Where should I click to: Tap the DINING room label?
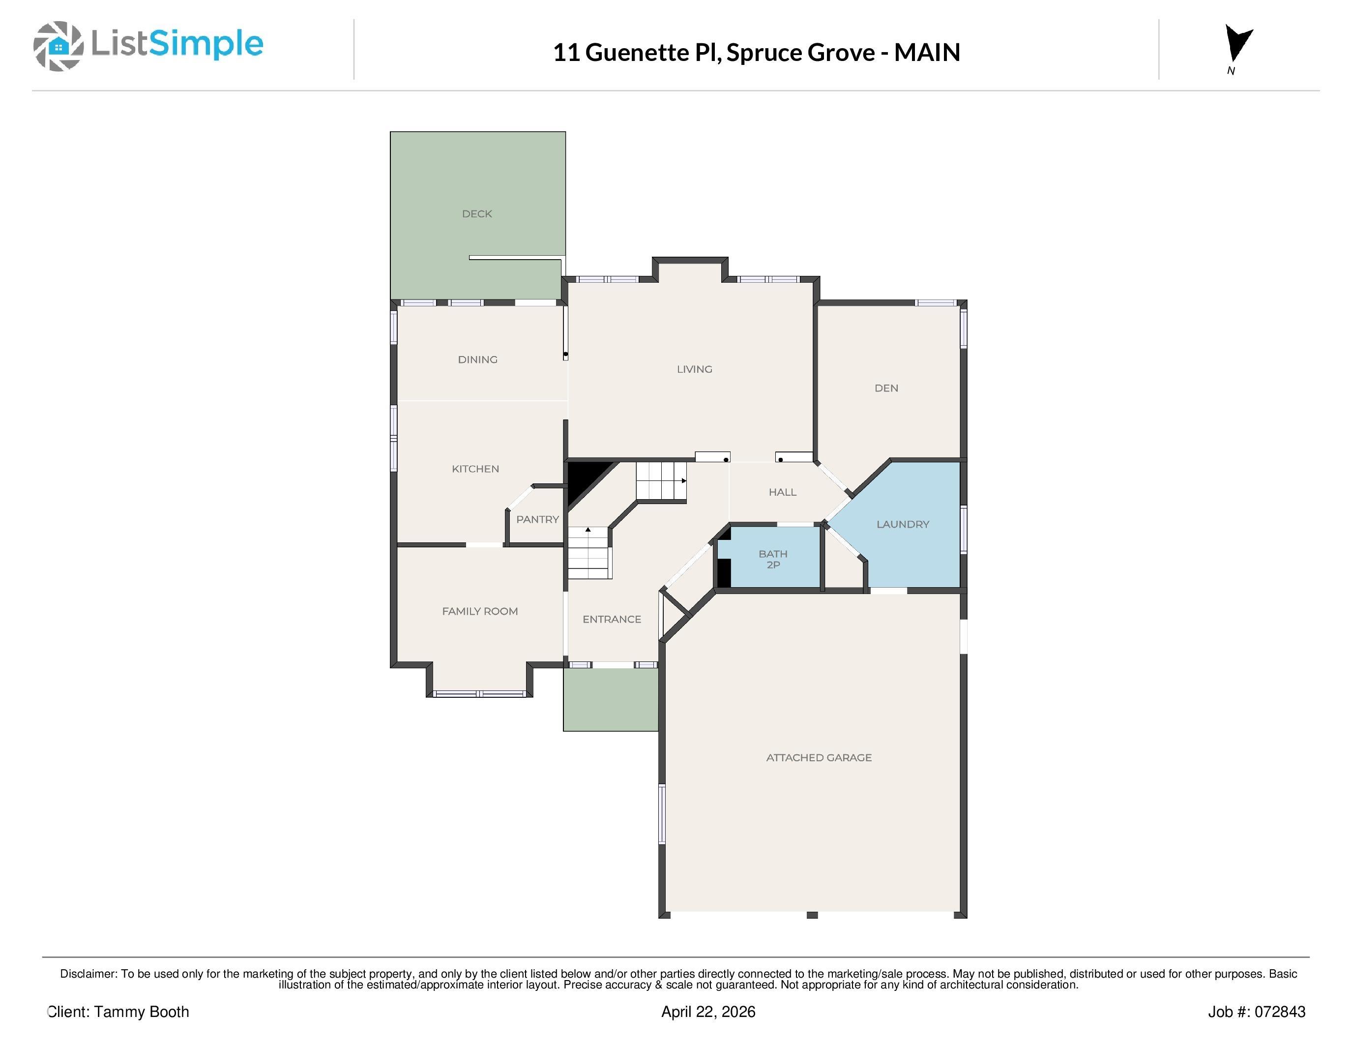[477, 359]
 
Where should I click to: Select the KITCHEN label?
[475, 469]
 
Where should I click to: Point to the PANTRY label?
[537, 519]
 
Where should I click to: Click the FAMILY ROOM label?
[480, 612]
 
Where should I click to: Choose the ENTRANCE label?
[612, 620]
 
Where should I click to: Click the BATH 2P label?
[772, 560]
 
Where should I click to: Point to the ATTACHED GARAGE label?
[819, 758]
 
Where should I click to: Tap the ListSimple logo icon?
[58, 46]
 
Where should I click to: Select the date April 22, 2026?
[707, 1012]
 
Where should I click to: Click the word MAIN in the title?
[926, 53]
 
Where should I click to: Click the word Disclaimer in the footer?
[88, 974]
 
